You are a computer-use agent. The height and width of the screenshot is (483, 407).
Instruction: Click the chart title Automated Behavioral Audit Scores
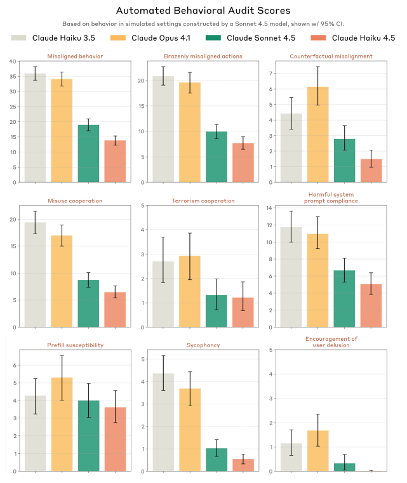pyautogui.click(x=203, y=11)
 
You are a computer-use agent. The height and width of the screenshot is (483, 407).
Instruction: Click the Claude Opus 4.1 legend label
pyautogui.click(x=161, y=38)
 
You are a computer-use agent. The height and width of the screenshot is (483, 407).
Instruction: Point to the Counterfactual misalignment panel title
pyautogui.click(x=331, y=56)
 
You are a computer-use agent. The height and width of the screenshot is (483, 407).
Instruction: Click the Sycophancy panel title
pyautogui.click(x=203, y=345)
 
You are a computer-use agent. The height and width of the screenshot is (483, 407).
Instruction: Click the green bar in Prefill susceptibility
pyautogui.click(x=89, y=436)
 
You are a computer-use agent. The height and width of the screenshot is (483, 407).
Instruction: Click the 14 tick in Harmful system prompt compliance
pyautogui.click(x=269, y=208)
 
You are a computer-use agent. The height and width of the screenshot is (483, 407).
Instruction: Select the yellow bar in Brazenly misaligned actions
pyautogui.click(x=190, y=133)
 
